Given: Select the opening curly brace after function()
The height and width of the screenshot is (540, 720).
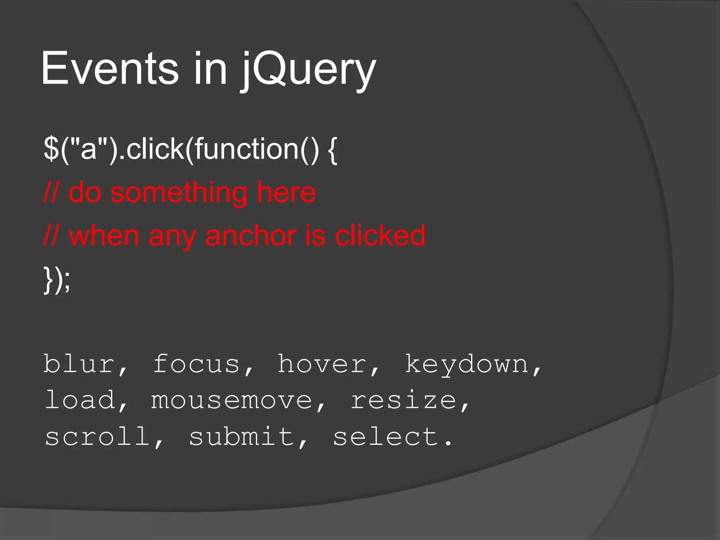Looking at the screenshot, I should (x=333, y=149).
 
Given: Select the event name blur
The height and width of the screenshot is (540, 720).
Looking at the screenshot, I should (x=79, y=364).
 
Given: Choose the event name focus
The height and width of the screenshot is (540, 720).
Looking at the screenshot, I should (x=197, y=364).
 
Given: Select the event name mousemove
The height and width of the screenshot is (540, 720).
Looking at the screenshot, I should (x=232, y=401).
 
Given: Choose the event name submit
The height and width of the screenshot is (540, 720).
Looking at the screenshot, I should (x=242, y=437).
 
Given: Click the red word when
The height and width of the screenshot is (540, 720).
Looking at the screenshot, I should (x=104, y=236).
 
